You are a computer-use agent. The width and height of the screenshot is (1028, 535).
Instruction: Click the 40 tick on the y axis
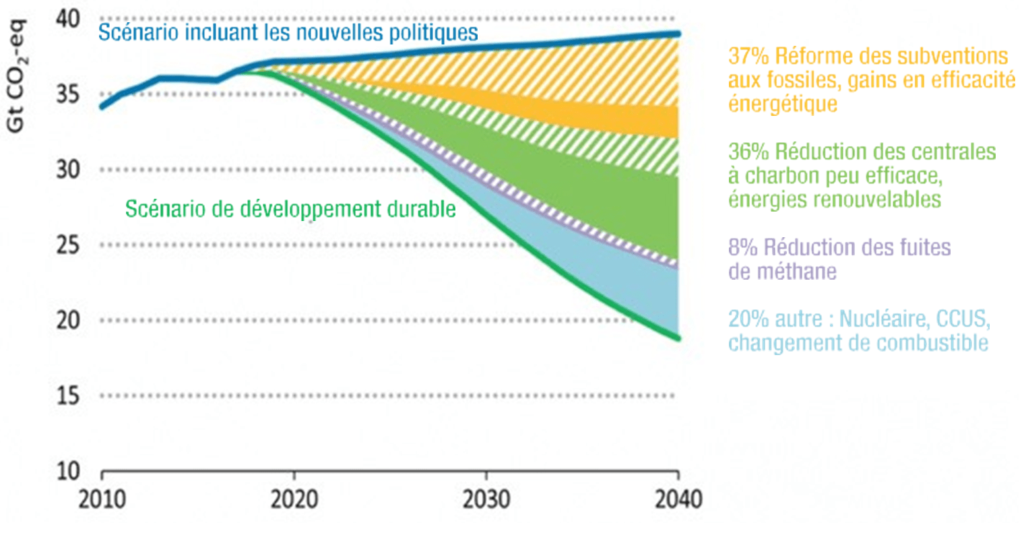(x=68, y=19)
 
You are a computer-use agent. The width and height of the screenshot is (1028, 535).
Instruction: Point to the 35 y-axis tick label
(x=68, y=94)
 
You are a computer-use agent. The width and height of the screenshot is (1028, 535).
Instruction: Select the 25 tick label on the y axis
(x=68, y=245)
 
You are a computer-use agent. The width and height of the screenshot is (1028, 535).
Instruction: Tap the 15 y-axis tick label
(x=68, y=396)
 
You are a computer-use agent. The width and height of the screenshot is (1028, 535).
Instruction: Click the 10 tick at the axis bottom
(x=68, y=471)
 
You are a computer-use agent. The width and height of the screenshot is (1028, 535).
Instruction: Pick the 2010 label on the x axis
(x=102, y=500)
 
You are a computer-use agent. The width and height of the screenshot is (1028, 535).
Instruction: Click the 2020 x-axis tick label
(x=294, y=500)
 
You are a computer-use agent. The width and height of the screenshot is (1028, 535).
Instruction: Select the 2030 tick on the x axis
(x=486, y=500)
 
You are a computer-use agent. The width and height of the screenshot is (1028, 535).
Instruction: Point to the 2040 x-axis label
(x=678, y=500)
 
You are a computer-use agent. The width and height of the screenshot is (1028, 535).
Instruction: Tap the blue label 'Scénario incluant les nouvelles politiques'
(x=288, y=32)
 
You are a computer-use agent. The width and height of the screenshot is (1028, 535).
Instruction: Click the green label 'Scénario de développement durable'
(x=290, y=209)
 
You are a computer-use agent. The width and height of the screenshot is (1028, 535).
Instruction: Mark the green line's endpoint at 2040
(x=678, y=338)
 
